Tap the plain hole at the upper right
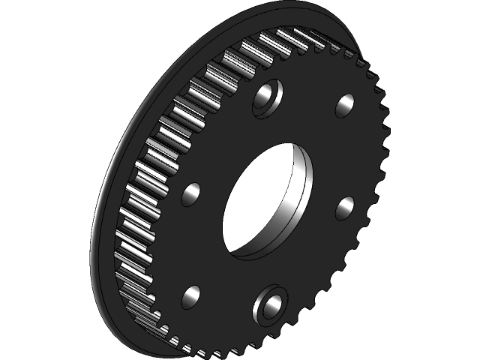[x=345, y=106]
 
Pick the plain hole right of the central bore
[x=346, y=205]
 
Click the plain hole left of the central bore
[x=193, y=194]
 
